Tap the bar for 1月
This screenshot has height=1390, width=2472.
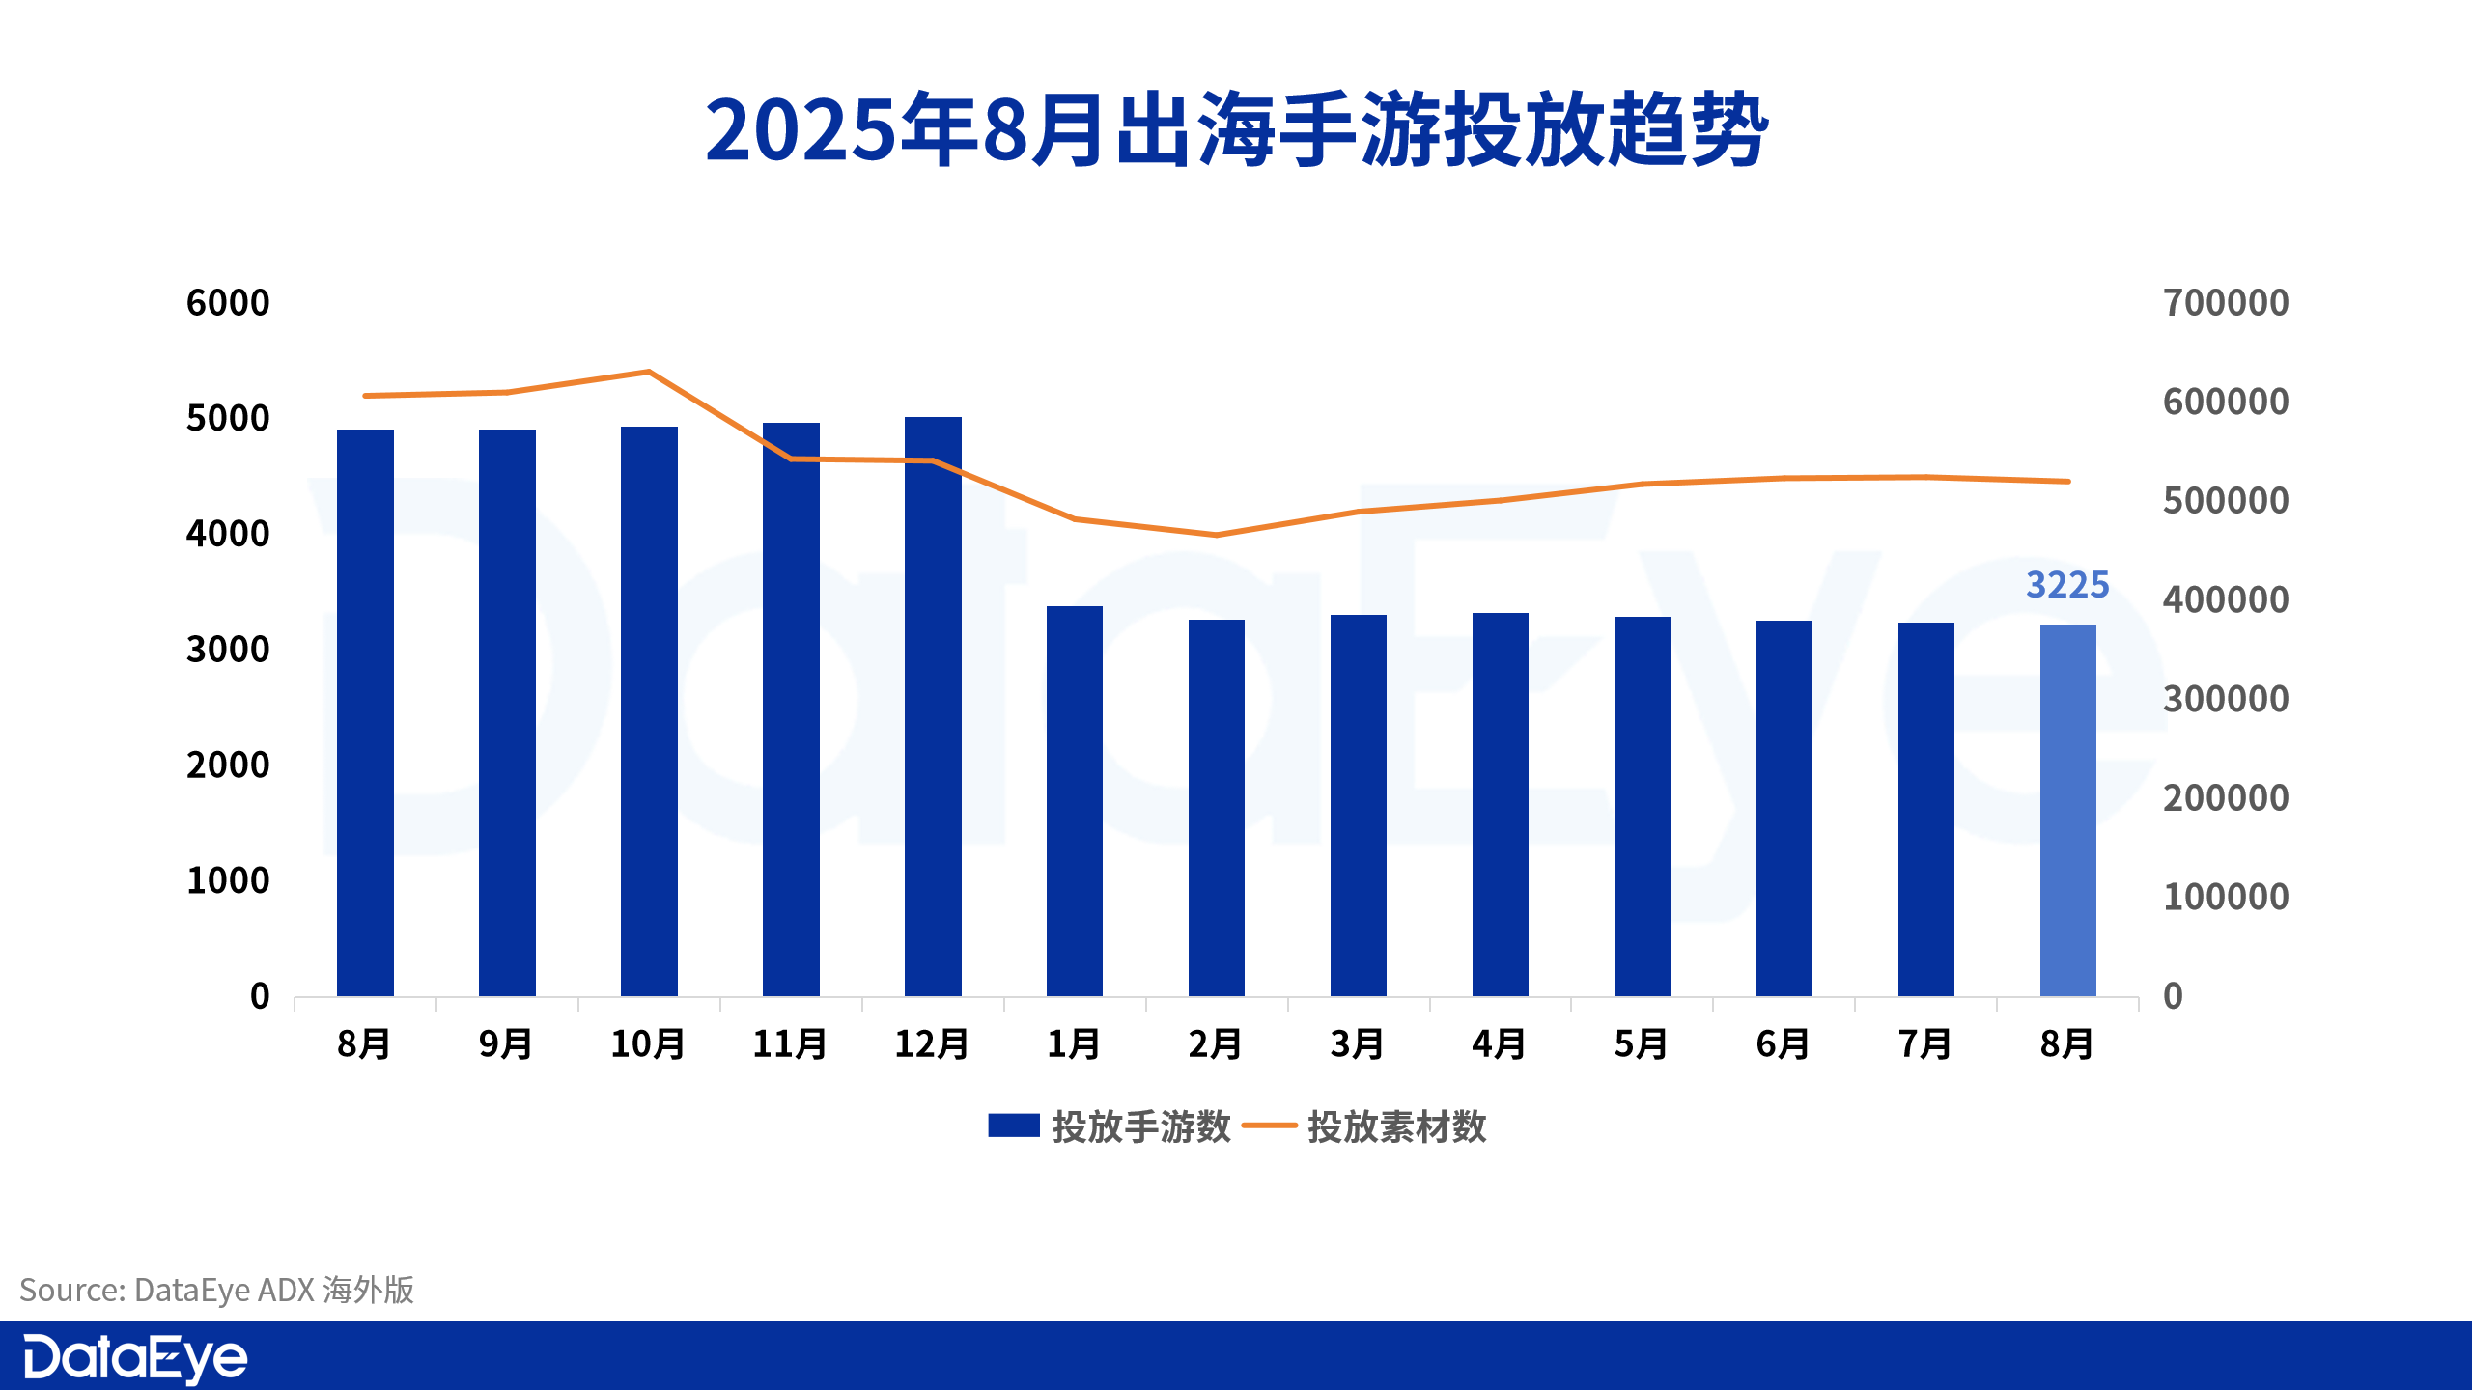point(1075,801)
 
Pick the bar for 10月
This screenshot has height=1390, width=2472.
point(649,711)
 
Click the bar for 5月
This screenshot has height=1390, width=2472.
point(1642,806)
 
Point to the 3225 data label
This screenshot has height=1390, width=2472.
point(2067,585)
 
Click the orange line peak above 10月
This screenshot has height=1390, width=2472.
point(649,372)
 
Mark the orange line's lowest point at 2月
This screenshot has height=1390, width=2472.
point(1217,535)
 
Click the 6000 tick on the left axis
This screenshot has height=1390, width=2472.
point(228,303)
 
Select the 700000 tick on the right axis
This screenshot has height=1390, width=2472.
point(2226,303)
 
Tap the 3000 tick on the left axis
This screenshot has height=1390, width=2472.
point(228,650)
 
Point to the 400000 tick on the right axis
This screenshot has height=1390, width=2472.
point(2226,600)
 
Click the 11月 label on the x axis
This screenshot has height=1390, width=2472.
point(790,1044)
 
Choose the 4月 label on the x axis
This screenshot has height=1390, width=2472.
point(1500,1044)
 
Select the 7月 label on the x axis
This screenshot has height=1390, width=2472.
point(1925,1044)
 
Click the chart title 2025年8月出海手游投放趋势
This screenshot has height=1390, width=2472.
point(1236,130)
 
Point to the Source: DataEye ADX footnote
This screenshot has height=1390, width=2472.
point(217,1290)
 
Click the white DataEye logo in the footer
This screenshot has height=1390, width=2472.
point(135,1358)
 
